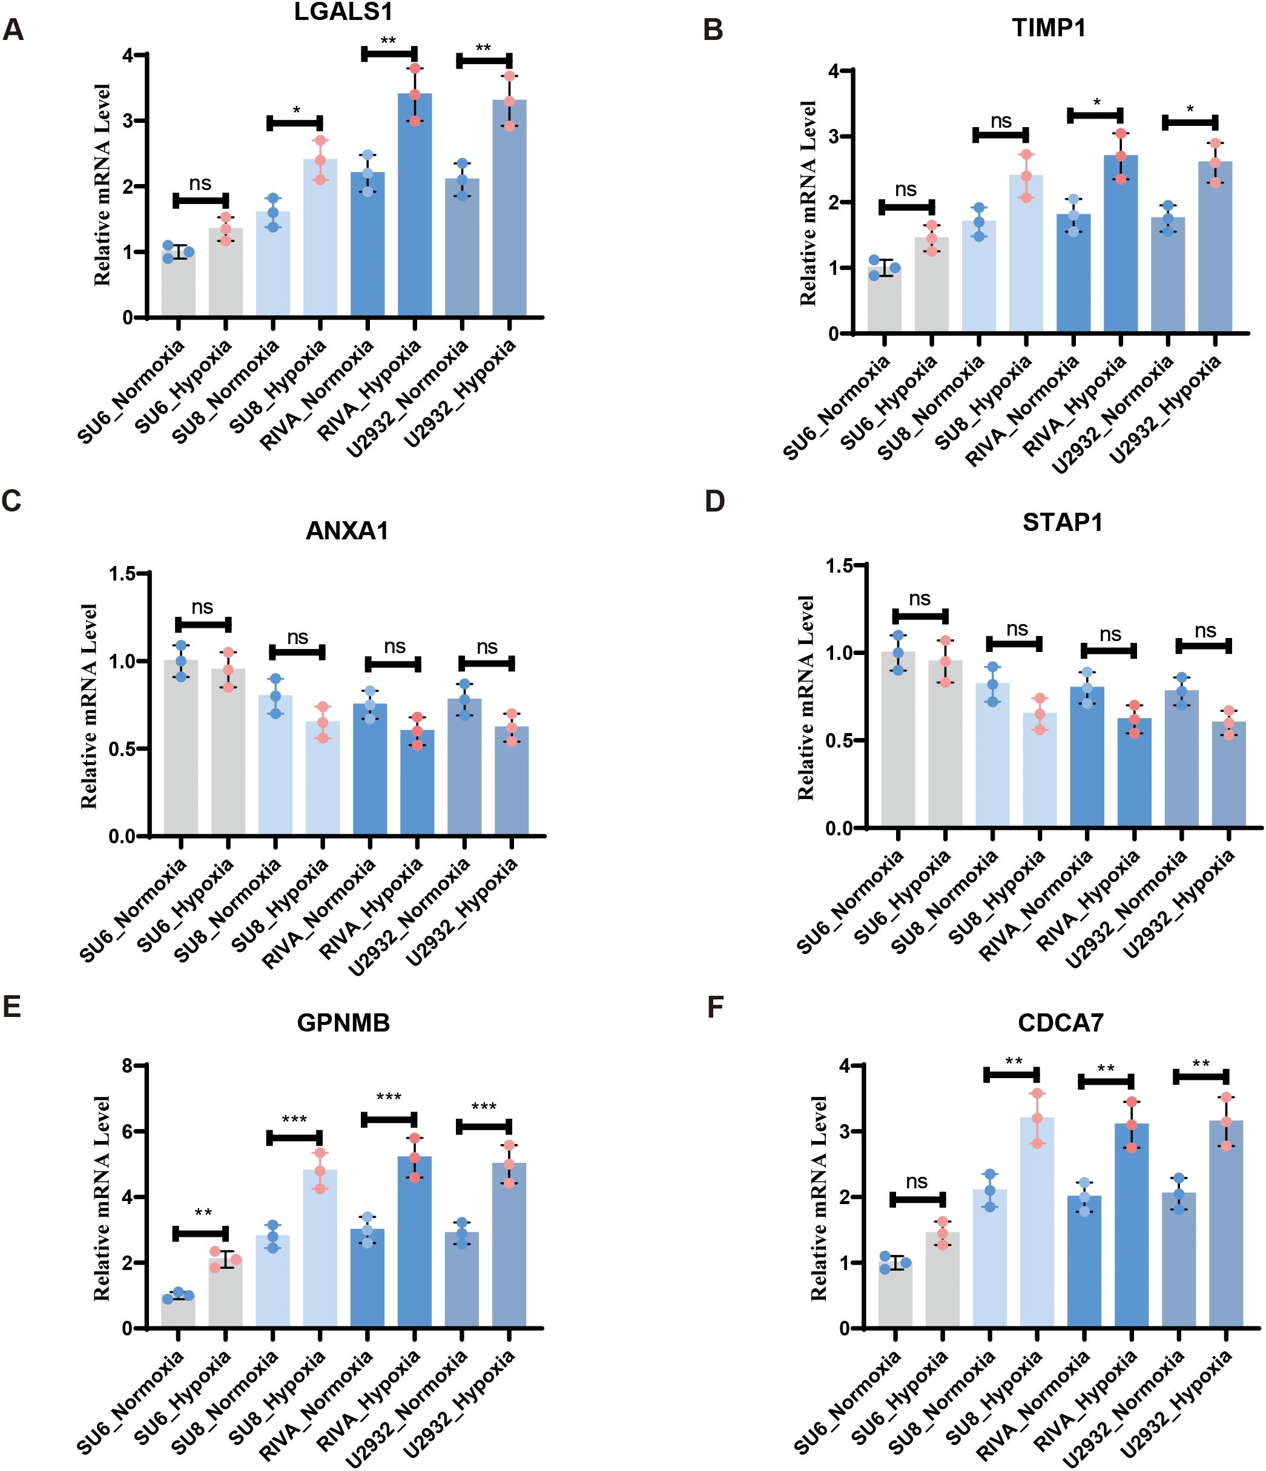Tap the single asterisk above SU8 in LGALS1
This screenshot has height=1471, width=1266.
(x=296, y=111)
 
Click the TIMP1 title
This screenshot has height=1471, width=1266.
(x=1049, y=28)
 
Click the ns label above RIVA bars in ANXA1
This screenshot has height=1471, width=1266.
(x=394, y=647)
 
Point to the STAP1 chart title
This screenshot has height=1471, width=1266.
(x=1062, y=522)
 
